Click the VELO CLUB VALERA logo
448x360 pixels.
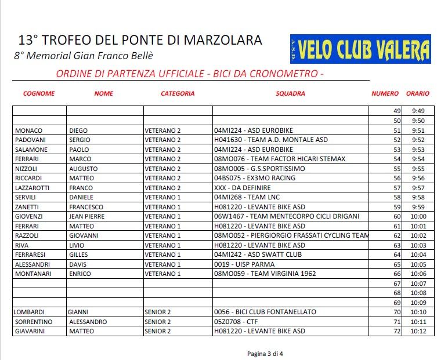pos(360,49)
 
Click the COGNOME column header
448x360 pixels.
pos(39,93)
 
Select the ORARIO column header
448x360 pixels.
pos(418,93)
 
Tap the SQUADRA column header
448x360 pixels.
pos(290,93)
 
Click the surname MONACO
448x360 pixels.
pos(29,131)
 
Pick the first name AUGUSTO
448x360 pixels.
pos(84,169)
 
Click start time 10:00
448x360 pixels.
pos(418,216)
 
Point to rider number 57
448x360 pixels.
pos(397,188)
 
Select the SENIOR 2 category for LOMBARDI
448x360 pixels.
pos(157,312)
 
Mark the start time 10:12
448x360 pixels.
pos(418,331)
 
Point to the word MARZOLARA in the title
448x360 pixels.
pos(223,41)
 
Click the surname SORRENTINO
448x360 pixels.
pos(34,322)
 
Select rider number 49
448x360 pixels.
pos(397,111)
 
